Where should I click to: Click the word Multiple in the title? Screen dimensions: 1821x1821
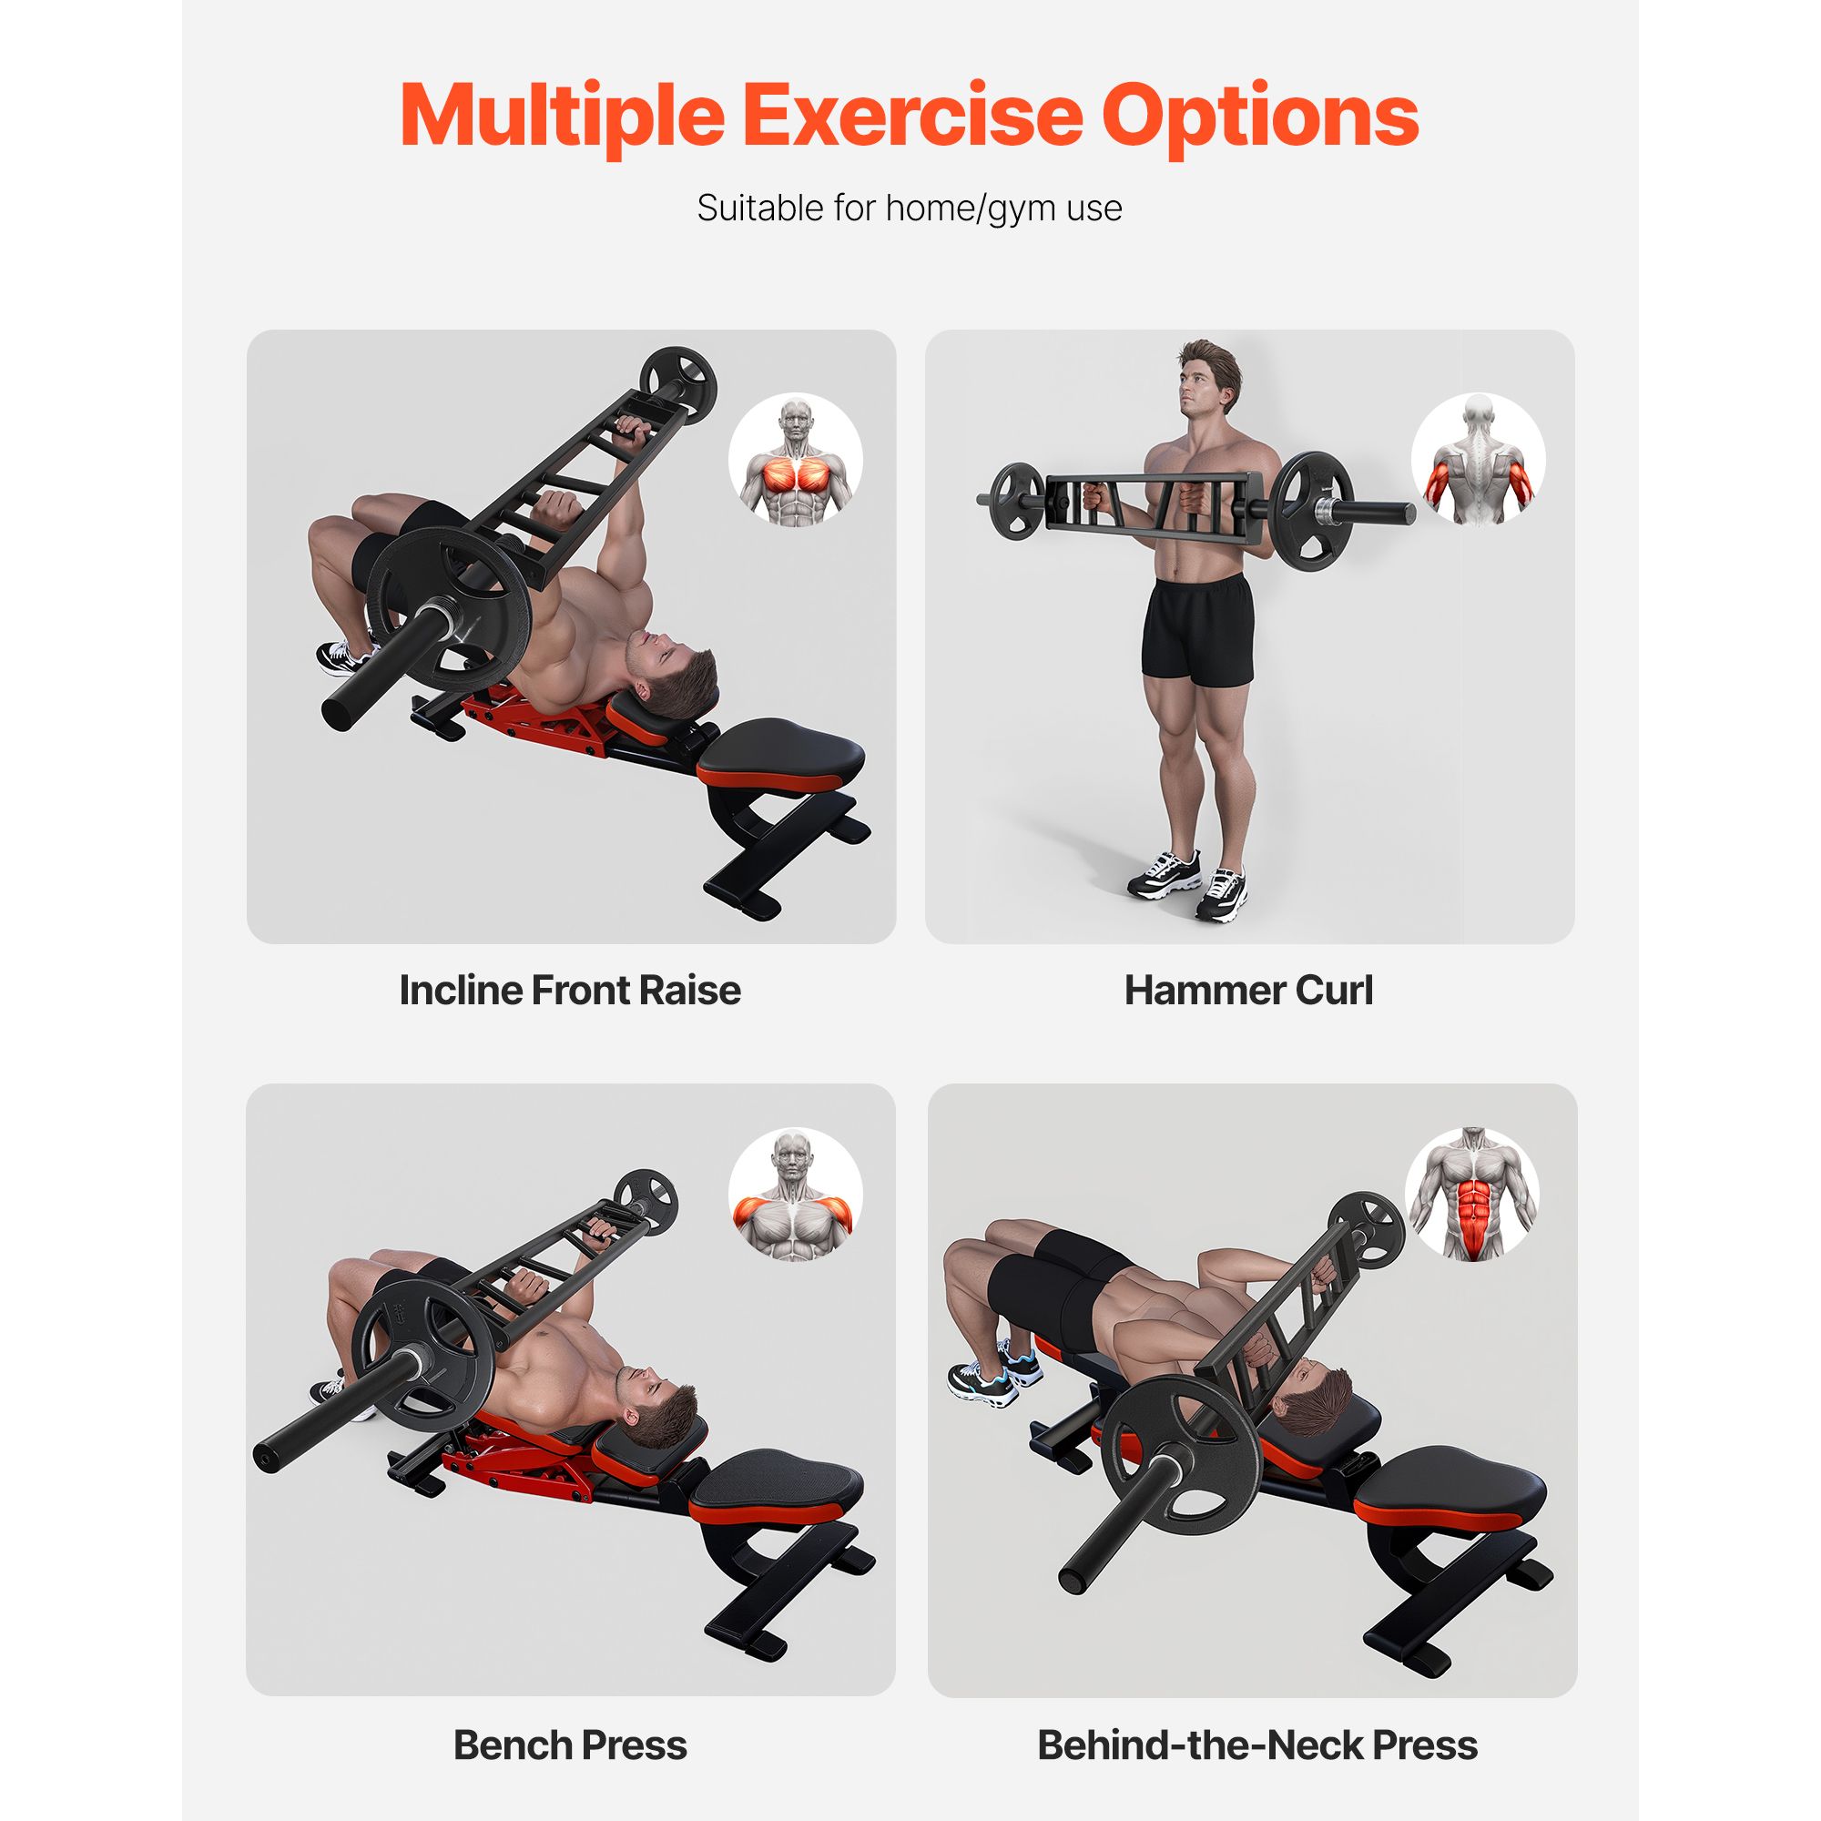(x=563, y=117)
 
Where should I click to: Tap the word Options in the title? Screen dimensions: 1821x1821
(x=1260, y=117)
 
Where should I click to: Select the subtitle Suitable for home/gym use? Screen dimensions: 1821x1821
(x=910, y=209)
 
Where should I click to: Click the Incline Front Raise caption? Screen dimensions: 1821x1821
(x=570, y=991)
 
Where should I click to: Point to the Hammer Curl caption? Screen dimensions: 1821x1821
(x=1249, y=991)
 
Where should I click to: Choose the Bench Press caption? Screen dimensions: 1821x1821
(x=570, y=1745)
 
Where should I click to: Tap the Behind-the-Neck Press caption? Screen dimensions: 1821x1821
(x=1257, y=1745)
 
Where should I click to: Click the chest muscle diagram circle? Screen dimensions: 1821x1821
(x=796, y=460)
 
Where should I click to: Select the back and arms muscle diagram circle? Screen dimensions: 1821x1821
(x=1478, y=460)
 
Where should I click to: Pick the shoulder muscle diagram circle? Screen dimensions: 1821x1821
(x=796, y=1195)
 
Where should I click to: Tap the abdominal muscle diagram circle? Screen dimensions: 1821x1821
(x=1472, y=1194)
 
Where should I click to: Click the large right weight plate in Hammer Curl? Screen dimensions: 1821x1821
(x=1311, y=512)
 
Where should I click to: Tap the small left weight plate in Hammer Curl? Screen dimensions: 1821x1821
(x=1017, y=501)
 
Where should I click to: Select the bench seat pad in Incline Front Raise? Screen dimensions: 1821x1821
(x=781, y=754)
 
